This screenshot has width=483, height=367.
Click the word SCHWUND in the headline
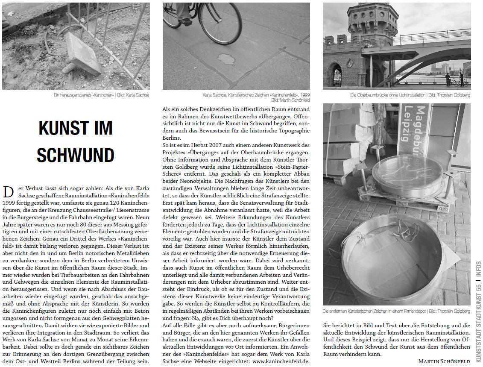[x=76, y=156]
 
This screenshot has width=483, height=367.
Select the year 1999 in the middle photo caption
[x=303, y=95]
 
